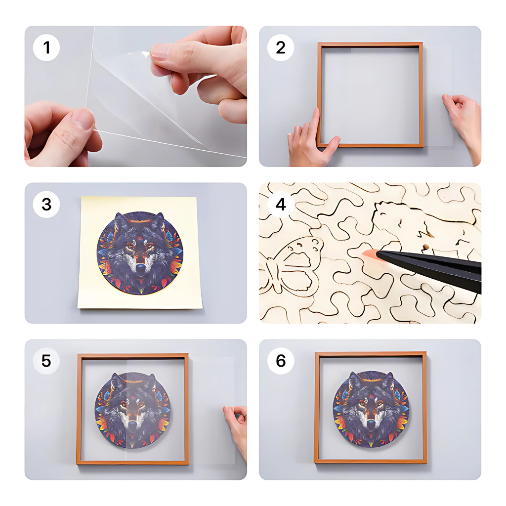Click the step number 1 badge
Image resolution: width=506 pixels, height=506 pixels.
(x=46, y=48)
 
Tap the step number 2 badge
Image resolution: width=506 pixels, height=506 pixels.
(x=281, y=48)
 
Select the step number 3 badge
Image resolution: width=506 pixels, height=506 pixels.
(x=46, y=204)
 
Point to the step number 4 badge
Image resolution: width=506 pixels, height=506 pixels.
(x=281, y=204)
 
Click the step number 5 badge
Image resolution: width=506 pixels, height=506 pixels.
(x=46, y=361)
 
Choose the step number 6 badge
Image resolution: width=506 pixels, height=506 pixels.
(x=281, y=361)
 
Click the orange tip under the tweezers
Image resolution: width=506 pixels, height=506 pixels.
(x=370, y=253)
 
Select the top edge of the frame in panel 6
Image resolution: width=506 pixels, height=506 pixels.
(x=371, y=354)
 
